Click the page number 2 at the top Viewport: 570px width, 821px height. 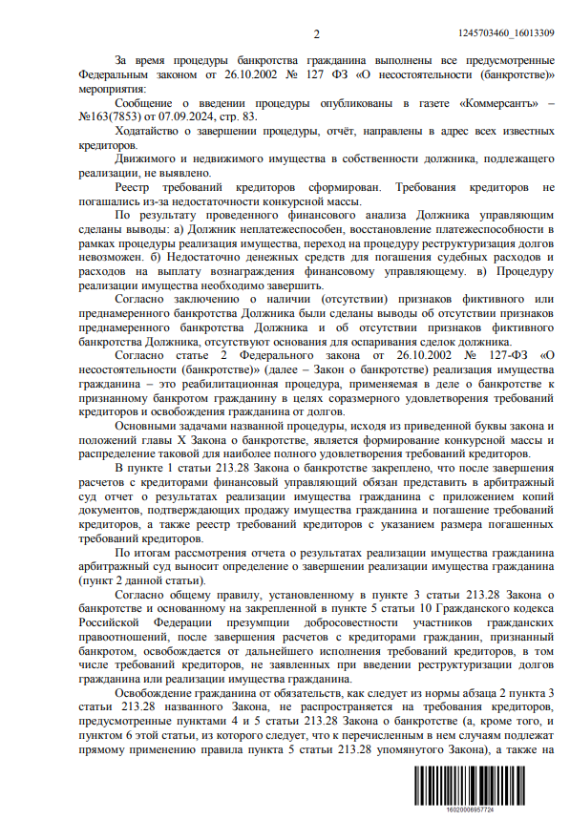tap(316, 34)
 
